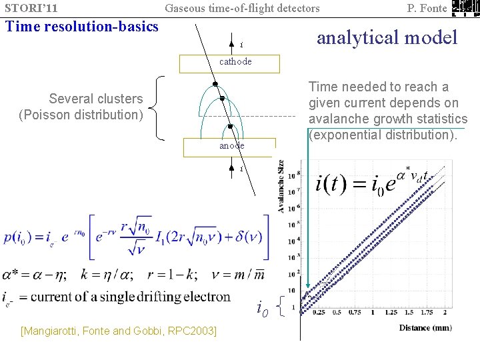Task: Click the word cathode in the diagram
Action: [x=236, y=61]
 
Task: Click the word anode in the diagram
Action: [x=231, y=145]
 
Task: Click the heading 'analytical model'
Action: [x=387, y=37]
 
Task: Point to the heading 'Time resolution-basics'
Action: [x=81, y=27]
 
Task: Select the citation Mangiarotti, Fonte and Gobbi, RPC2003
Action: [x=119, y=331]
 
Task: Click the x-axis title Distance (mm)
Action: [x=425, y=327]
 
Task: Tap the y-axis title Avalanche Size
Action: [x=281, y=187]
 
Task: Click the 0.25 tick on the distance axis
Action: [x=319, y=312]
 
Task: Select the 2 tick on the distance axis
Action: [x=444, y=312]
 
